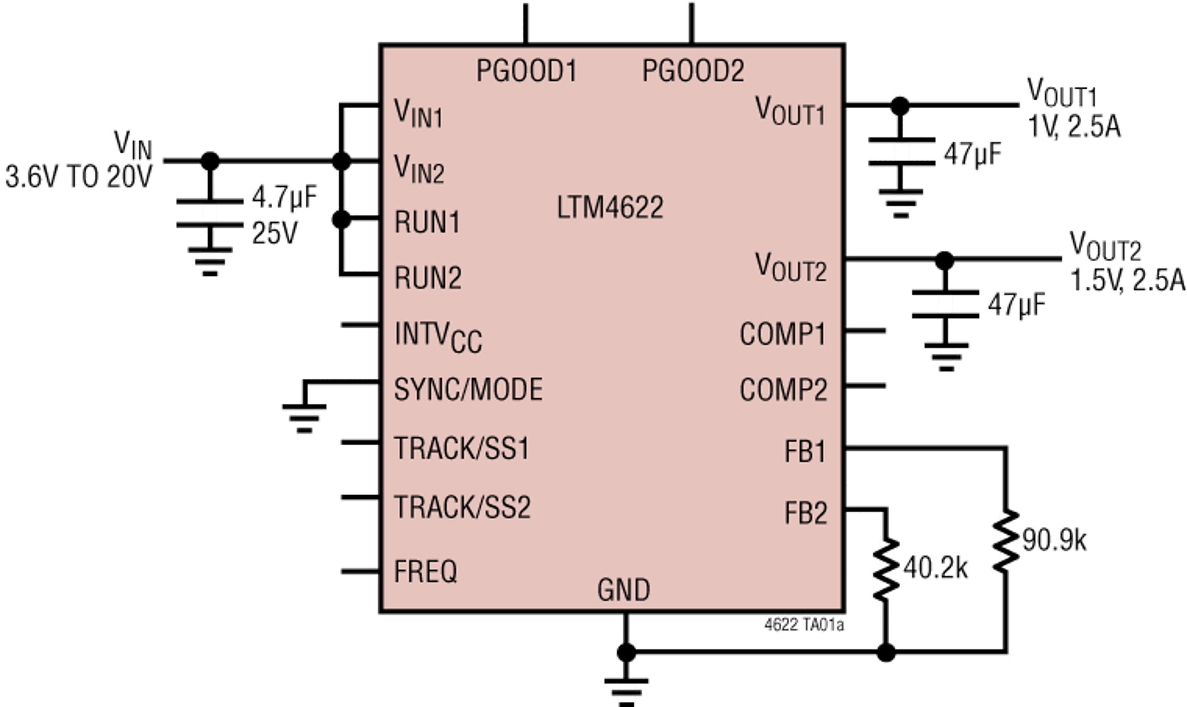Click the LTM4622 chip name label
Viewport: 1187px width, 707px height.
click(x=610, y=208)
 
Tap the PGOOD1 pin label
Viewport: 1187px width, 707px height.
click(x=526, y=71)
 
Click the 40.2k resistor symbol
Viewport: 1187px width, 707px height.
click(x=886, y=569)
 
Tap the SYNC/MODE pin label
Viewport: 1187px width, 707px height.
click(x=468, y=389)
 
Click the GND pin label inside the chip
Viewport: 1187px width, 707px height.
click(x=623, y=590)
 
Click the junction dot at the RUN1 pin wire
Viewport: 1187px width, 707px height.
click(x=341, y=220)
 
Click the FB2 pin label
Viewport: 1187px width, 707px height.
click(x=805, y=514)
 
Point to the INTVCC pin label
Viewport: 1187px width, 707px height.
click(x=437, y=336)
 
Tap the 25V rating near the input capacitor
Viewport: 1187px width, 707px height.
click(x=274, y=232)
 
